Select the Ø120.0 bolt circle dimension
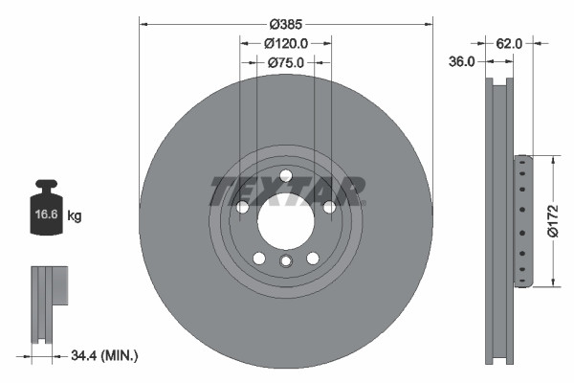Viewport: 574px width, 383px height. click(285, 43)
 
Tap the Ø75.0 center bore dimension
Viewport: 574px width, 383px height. click(285, 62)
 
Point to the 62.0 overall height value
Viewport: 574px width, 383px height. click(510, 43)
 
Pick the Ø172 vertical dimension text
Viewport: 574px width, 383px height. click(552, 220)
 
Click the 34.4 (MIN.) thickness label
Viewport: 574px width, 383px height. click(105, 355)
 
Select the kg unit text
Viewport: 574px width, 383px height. click(75, 216)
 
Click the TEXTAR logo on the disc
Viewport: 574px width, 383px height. click(286, 191)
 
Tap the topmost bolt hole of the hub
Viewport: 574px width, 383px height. click(285, 174)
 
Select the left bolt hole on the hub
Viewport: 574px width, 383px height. click(242, 207)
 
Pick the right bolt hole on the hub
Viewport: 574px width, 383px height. click(328, 207)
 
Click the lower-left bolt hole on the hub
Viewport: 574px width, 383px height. click(258, 258)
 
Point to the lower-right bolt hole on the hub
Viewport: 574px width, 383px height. click(312, 258)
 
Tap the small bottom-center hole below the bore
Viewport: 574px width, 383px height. click(285, 261)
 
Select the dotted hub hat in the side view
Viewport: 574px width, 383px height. click(521, 220)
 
